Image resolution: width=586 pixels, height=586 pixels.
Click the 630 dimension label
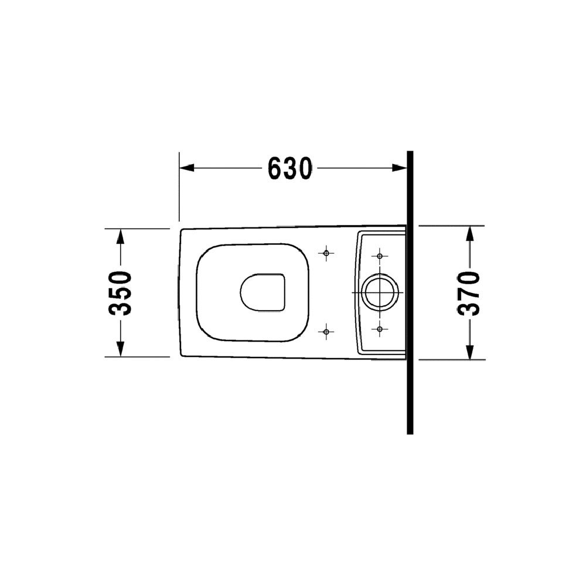point(290,168)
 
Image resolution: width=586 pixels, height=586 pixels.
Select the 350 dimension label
point(120,294)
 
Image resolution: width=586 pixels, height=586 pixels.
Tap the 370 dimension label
point(469,294)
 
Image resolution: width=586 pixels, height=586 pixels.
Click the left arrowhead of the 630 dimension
point(187,168)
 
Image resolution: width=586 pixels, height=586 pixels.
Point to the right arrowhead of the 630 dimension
point(399,168)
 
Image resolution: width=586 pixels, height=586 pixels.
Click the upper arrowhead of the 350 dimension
point(120,236)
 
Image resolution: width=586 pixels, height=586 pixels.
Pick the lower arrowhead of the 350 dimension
point(120,349)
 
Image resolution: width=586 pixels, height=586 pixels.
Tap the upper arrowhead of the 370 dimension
point(470,234)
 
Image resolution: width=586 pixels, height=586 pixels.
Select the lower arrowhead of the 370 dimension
point(470,352)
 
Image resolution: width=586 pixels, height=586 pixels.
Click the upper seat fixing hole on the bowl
point(326,253)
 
